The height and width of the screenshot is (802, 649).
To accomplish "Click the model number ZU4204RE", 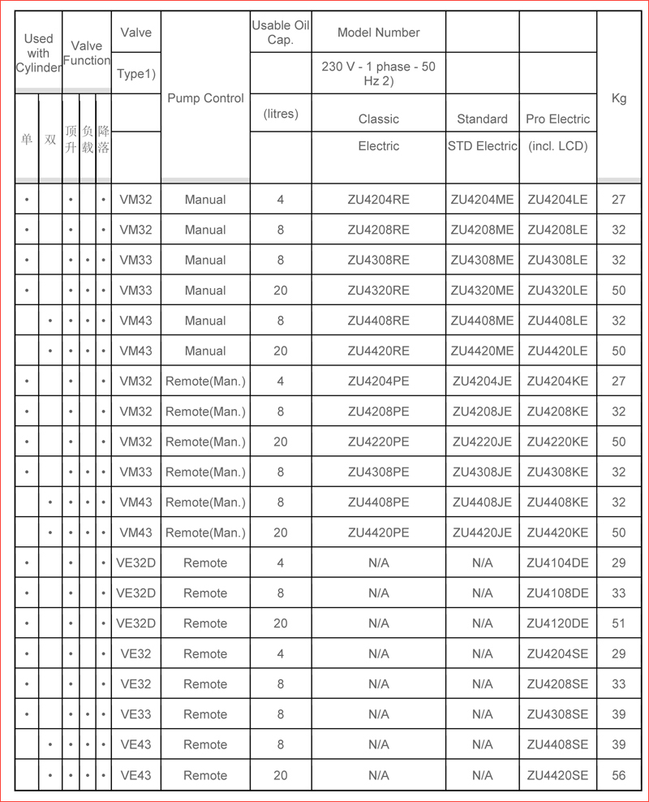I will tap(378, 200).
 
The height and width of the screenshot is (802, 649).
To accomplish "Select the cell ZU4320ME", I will tap(482, 291).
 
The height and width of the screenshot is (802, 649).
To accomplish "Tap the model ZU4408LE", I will tap(557, 321).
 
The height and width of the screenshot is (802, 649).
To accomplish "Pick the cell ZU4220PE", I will tap(378, 442).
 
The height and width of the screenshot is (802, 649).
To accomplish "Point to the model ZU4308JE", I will tap(482, 472).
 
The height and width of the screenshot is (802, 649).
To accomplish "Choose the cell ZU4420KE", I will tap(557, 533).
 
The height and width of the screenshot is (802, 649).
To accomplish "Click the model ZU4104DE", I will tap(557, 563).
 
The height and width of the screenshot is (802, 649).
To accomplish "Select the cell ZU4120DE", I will tap(557, 623).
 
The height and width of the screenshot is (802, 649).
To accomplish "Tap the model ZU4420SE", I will tap(557, 775).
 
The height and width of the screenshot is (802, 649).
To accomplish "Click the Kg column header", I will tap(618, 99).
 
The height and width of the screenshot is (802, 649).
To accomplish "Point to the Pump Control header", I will tap(205, 98).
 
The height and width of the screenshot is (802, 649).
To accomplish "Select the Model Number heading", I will tap(378, 32).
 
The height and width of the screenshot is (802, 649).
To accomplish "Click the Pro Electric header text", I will tap(557, 119).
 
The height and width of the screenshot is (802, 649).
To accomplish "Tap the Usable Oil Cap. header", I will tap(281, 32).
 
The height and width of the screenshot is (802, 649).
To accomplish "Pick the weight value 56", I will tap(618, 775).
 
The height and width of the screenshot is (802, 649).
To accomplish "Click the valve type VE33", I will tap(135, 714).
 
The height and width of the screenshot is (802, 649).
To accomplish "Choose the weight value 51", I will tap(618, 623).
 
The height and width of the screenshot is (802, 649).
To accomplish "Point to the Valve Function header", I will tap(87, 54).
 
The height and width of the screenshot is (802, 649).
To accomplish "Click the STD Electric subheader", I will tap(482, 146).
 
